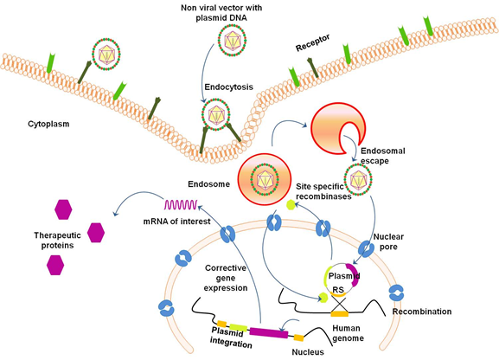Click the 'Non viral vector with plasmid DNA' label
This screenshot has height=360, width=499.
click(221, 12)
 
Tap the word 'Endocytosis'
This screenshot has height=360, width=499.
click(229, 87)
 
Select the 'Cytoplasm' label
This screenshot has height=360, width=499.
click(48, 124)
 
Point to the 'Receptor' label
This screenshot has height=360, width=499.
click(312, 42)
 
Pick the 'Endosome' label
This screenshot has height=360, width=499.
click(208, 184)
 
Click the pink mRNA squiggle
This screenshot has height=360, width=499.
click(181, 204)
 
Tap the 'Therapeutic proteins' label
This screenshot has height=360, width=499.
click(58, 241)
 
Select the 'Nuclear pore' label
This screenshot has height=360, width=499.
click(388, 241)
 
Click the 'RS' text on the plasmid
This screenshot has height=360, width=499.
click(338, 290)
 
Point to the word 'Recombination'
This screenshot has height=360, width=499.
click(422, 312)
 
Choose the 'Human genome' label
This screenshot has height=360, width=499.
click(348, 333)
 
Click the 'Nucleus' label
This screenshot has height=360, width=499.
click(308, 352)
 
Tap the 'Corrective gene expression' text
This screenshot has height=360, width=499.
click(226, 278)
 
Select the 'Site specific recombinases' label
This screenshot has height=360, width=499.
click(323, 191)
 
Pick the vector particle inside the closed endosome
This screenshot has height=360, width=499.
click(265, 180)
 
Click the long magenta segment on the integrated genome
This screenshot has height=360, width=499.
click(269, 332)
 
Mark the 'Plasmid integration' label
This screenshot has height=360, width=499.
click(231, 338)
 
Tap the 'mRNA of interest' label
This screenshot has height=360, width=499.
click(177, 221)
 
